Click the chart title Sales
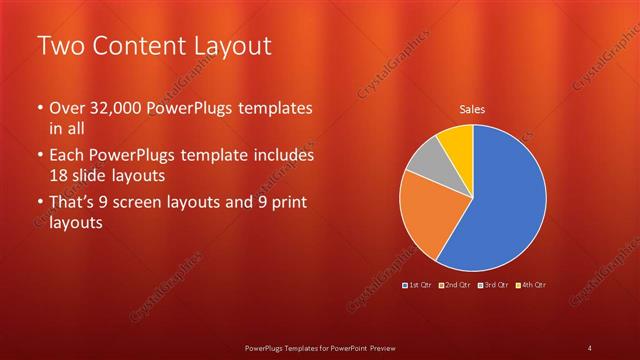(x=473, y=109)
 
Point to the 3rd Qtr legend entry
(x=492, y=285)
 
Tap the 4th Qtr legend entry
(x=530, y=285)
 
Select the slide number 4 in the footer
(x=591, y=347)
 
